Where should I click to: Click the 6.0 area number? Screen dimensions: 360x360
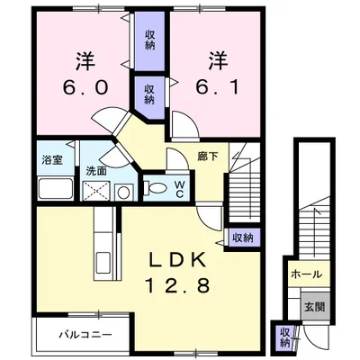(x=85, y=87)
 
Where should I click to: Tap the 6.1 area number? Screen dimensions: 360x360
(x=218, y=87)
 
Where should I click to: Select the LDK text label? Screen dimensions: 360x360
(x=178, y=259)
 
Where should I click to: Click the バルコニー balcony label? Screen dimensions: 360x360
(x=85, y=334)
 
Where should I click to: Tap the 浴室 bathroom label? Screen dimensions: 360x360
(x=52, y=160)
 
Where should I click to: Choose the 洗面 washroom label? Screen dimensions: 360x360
(x=96, y=171)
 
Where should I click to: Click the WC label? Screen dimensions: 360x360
(x=179, y=189)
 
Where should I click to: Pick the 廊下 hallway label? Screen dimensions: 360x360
(x=208, y=156)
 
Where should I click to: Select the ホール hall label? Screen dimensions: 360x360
(x=306, y=274)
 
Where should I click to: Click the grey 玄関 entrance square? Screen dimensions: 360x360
(x=315, y=307)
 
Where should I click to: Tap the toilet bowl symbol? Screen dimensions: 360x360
(x=156, y=188)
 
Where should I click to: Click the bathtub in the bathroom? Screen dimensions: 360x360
(x=56, y=189)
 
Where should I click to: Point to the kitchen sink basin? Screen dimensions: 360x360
(x=103, y=263)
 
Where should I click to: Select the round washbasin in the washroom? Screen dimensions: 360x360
(x=123, y=193)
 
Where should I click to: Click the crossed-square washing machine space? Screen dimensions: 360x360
(x=96, y=191)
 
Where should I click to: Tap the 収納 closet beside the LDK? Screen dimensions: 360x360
(x=243, y=238)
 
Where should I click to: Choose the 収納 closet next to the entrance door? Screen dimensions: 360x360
(x=284, y=338)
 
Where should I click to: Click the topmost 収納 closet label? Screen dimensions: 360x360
(x=149, y=40)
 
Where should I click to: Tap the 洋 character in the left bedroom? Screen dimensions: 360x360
(x=85, y=61)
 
